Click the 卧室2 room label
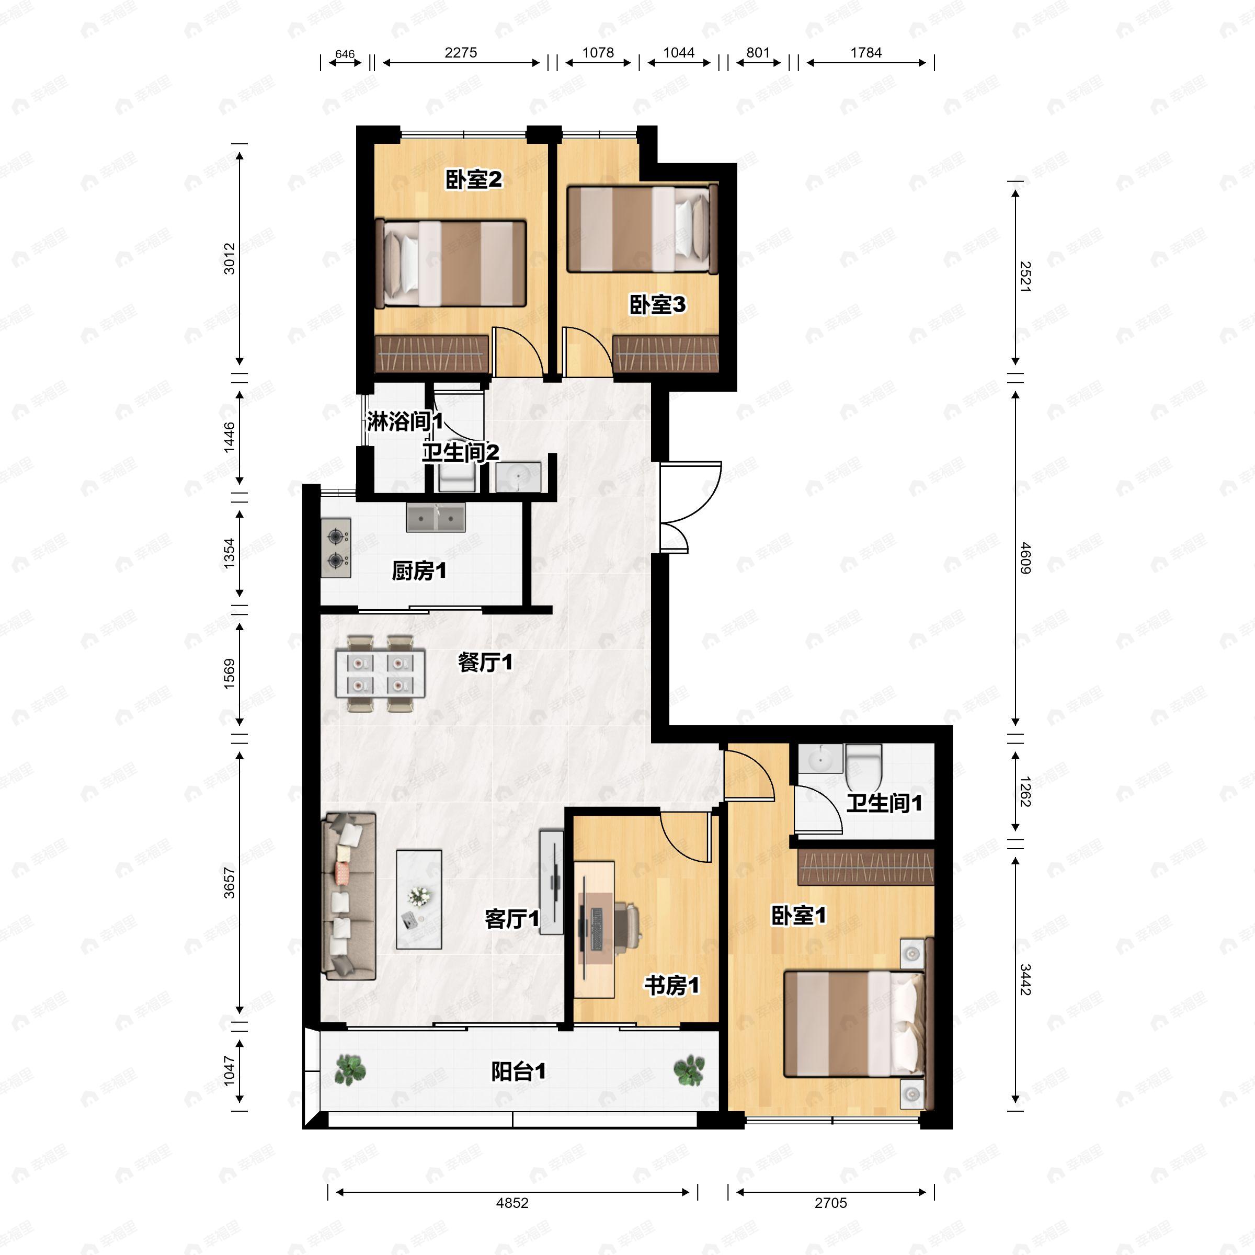tap(474, 180)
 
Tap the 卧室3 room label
tap(657, 305)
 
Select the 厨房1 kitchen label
tap(419, 571)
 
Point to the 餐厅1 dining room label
tap(485, 663)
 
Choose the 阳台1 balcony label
tap(518, 1072)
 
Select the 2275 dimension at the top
tap(461, 53)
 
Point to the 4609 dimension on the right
tap(1024, 558)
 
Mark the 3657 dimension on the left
tap(230, 883)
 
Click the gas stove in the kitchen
tap(336, 547)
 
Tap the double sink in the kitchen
tap(436, 518)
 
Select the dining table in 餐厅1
tap(380, 674)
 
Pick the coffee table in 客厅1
tap(419, 899)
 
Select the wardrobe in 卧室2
tap(431, 354)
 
